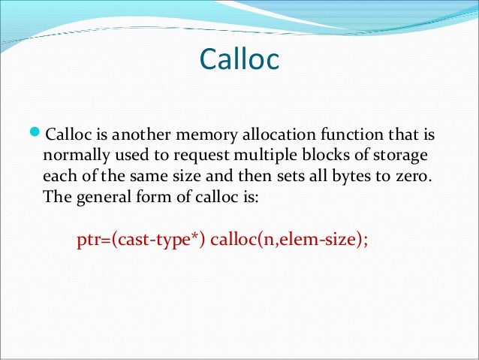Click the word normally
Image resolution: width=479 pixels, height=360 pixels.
coord(75,156)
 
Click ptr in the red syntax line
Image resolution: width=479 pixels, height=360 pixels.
coord(89,242)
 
